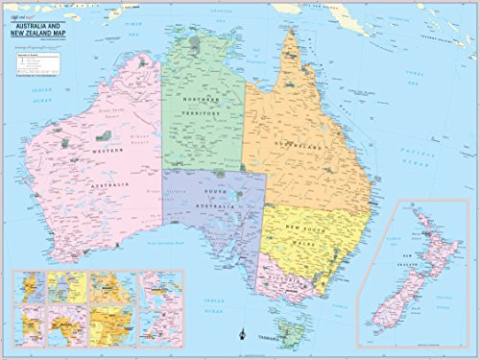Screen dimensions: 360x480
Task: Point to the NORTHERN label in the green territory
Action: pyautogui.click(x=202, y=100)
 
